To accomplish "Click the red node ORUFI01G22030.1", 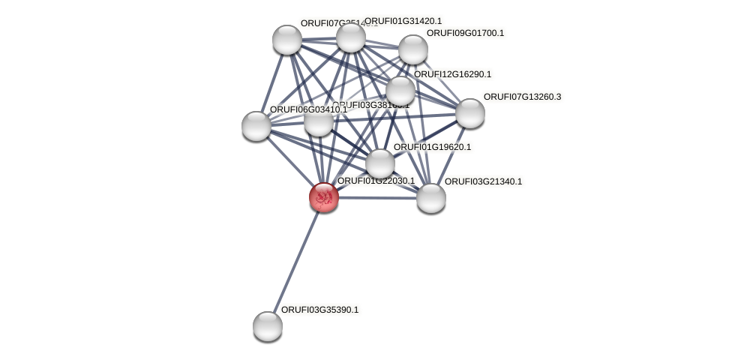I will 324,197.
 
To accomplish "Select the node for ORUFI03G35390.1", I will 267,325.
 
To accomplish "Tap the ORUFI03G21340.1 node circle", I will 430,198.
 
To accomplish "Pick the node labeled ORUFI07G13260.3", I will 469,113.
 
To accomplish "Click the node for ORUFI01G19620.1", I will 380,163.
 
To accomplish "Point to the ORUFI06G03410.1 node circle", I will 256,126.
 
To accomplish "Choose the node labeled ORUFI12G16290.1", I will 400,91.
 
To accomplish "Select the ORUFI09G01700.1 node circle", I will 412,49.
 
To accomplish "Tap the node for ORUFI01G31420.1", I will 350,37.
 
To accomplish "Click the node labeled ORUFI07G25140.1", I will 286,40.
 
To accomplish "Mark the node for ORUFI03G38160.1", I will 318,122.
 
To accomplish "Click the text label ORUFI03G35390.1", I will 319,310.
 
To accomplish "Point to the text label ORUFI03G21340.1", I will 483,181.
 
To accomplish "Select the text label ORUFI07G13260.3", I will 522,97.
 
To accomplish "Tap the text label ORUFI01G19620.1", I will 432,147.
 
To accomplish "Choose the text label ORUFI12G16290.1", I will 452,74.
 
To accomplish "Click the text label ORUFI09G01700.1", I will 465,33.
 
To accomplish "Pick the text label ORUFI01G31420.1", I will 403,21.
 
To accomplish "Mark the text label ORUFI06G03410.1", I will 308,109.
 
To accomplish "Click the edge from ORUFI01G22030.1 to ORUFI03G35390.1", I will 295,261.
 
